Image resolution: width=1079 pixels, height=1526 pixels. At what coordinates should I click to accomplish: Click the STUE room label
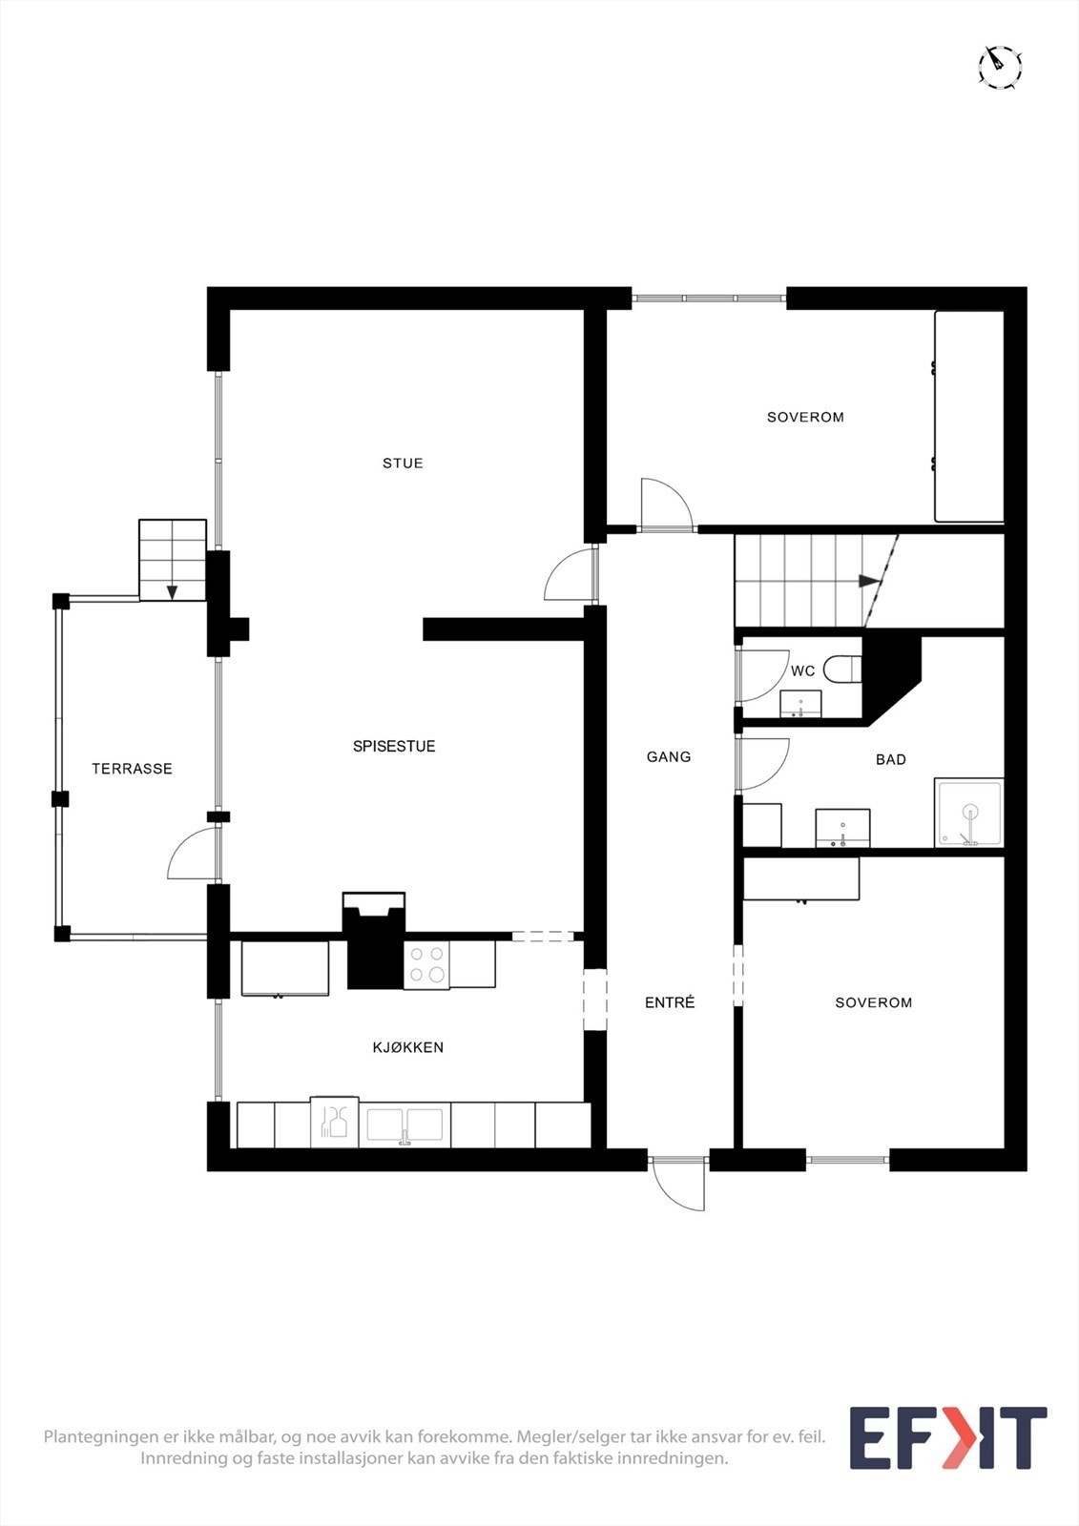point(403,464)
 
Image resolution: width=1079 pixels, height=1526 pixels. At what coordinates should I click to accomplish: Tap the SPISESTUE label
point(394,747)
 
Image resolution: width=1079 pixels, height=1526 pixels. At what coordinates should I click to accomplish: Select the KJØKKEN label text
point(407,1047)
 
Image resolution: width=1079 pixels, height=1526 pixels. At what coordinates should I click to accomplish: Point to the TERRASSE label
point(132,769)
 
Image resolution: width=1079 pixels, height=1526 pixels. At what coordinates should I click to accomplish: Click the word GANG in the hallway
point(668,757)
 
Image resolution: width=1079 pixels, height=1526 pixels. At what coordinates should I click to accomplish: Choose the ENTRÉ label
point(670,1003)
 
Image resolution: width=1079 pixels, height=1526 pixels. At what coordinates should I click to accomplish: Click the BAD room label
point(890,760)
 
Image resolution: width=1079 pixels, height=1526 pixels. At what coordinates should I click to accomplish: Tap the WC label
point(802,671)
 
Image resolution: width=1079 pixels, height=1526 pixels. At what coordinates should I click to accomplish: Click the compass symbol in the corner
point(1000,67)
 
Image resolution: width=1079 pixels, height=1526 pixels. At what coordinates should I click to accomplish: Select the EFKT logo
point(947,1438)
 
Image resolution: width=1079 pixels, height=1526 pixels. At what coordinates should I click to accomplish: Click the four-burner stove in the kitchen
point(426,963)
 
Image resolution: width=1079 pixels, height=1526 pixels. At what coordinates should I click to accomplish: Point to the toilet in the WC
point(842,670)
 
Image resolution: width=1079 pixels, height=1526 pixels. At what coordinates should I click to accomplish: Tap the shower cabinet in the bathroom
point(968,814)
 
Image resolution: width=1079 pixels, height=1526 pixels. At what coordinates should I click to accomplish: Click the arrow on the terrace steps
point(172,591)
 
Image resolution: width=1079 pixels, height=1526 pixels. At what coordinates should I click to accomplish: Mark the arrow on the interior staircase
point(867,581)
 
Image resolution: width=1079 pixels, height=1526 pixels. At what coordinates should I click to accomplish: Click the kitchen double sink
point(405,1125)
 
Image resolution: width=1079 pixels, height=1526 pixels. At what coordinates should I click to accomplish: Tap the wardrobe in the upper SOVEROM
point(968,417)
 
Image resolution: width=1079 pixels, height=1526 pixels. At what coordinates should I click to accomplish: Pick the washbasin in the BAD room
point(842,828)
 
